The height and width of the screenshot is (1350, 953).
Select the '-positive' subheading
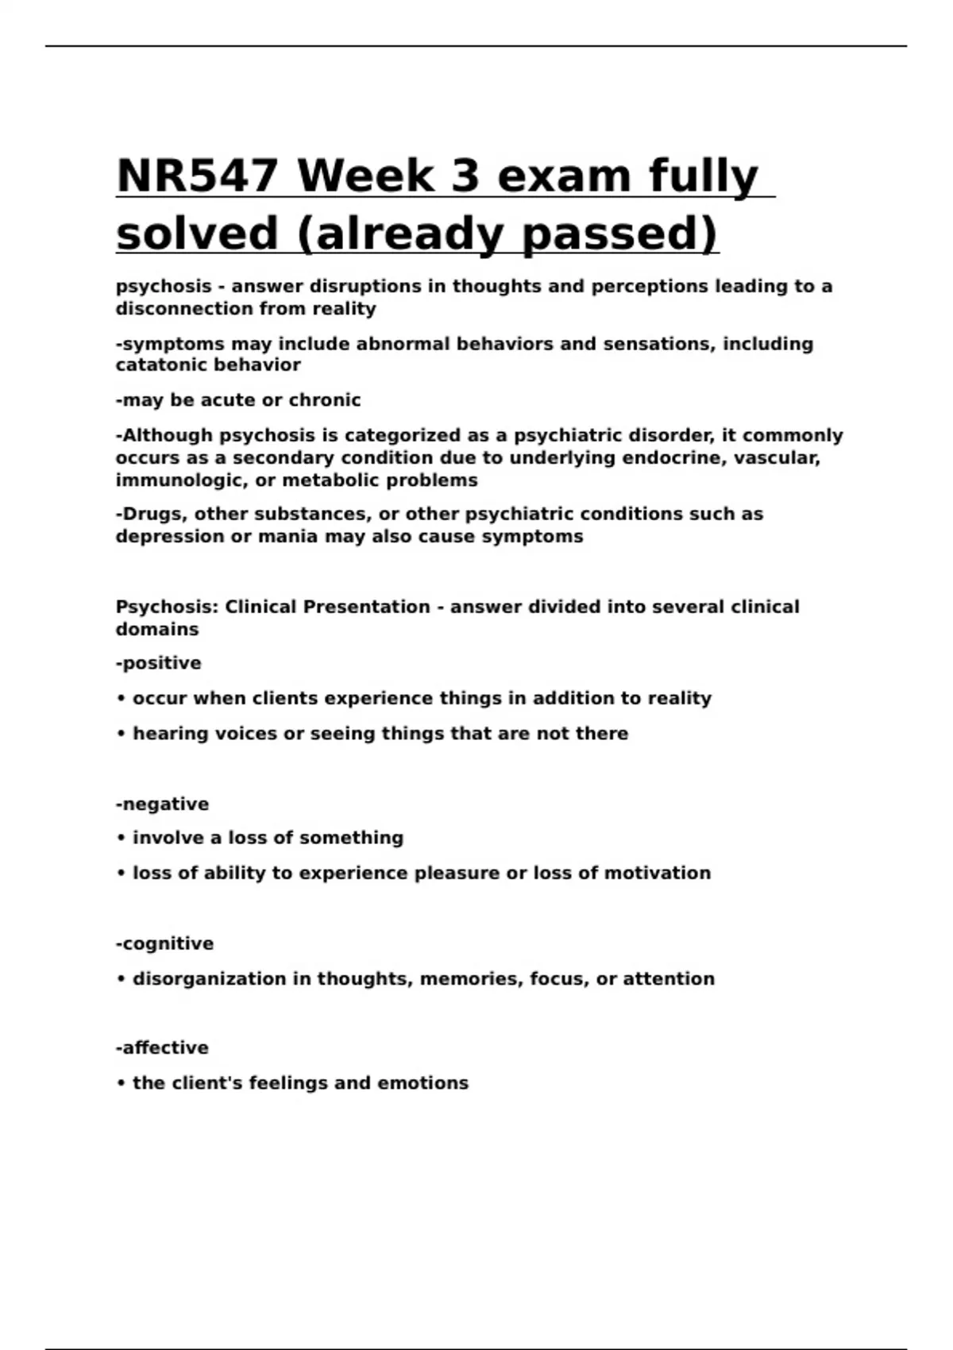pos(158,663)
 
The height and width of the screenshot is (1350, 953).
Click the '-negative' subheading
pos(162,804)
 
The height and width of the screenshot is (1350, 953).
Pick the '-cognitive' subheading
pos(164,943)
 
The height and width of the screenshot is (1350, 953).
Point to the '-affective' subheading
pos(162,1048)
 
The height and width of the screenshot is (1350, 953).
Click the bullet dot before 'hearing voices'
pos(122,734)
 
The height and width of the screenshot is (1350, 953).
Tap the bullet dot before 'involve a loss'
pos(122,839)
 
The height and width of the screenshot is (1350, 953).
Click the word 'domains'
pos(157,630)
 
